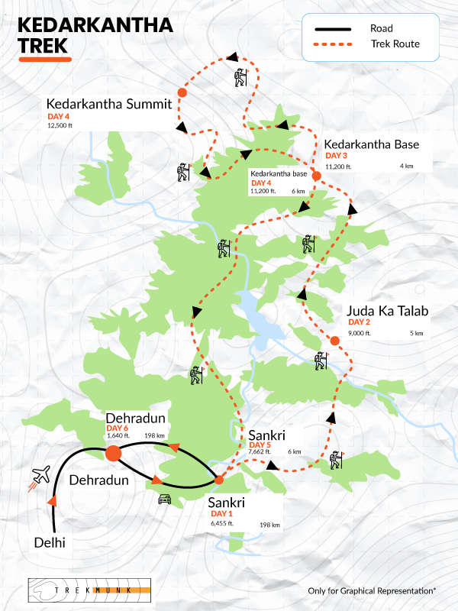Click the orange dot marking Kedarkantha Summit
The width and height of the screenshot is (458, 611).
tap(182, 93)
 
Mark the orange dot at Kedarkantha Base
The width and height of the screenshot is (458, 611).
tap(316, 176)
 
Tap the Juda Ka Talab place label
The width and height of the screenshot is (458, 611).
tap(388, 312)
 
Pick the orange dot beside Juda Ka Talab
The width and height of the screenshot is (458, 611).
tap(334, 341)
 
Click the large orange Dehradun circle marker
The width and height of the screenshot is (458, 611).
tap(113, 454)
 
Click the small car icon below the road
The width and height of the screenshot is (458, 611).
tap(164, 499)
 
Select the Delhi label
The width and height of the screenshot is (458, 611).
tap(50, 543)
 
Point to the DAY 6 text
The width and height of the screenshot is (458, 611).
tap(118, 428)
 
